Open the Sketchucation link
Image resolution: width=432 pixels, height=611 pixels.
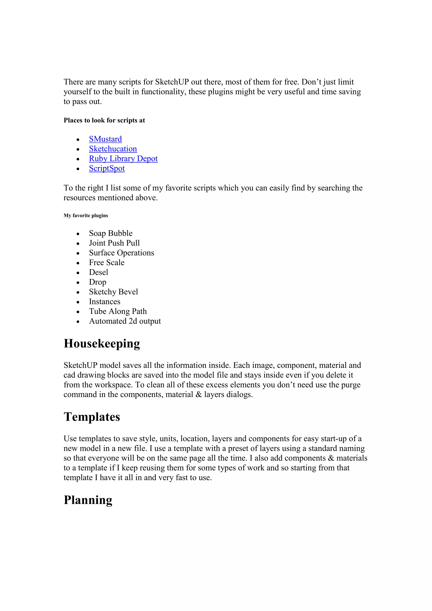click(113, 149)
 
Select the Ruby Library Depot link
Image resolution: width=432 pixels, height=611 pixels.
click(123, 159)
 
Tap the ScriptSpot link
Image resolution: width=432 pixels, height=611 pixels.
click(107, 168)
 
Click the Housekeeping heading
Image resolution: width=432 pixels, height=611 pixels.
click(102, 343)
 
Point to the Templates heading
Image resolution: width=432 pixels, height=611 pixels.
click(92, 417)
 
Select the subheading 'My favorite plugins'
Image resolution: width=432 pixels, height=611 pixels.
click(86, 216)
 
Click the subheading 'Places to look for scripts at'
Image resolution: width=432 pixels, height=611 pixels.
click(104, 120)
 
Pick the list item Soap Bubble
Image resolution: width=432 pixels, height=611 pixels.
click(111, 233)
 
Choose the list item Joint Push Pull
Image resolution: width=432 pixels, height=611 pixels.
click(114, 243)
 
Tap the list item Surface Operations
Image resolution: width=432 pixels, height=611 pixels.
click(121, 253)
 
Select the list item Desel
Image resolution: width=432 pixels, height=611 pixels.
click(99, 272)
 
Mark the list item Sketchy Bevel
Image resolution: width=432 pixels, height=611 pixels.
click(113, 292)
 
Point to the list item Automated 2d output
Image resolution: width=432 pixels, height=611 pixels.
click(125, 321)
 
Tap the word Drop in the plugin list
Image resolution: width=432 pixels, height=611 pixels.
click(97, 282)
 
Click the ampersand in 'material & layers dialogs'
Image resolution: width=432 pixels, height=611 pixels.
click(198, 394)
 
